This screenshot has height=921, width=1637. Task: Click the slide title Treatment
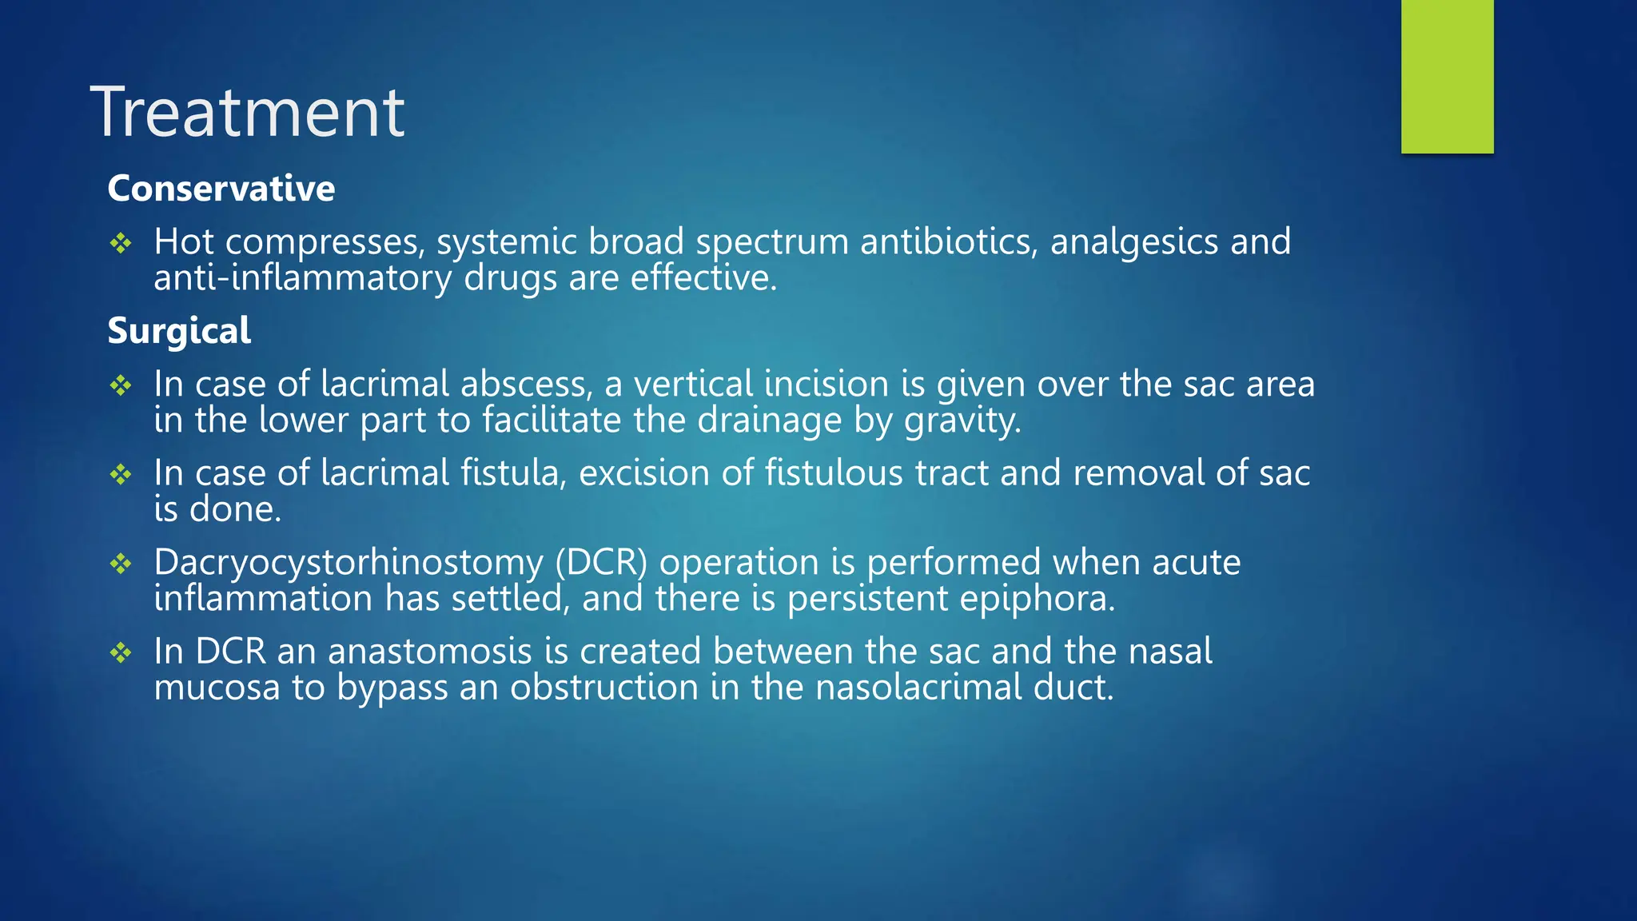[248, 113]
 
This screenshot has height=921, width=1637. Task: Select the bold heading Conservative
[221, 189]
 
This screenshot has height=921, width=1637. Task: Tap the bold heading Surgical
[179, 331]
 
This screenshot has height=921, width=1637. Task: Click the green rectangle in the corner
[1447, 76]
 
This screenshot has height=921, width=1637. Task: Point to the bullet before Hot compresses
[121, 243]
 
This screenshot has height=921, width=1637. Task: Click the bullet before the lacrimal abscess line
[121, 385]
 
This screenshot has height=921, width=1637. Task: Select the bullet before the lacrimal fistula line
[121, 474]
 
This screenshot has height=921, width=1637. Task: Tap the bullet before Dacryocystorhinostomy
[121, 564]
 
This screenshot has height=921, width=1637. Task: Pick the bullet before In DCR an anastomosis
[121, 652]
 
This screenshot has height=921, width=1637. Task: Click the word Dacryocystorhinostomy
[349, 563]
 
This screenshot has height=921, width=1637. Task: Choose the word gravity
[962, 421]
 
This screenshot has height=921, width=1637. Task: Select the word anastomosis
[429, 652]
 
